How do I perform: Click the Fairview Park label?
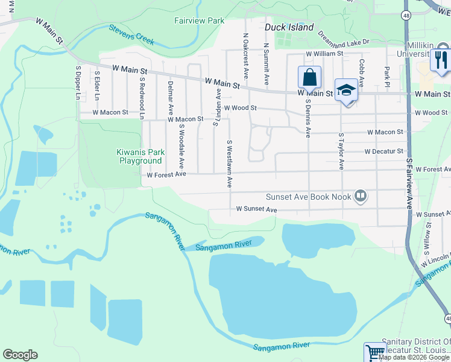coord(199,21)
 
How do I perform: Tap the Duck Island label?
coord(289,27)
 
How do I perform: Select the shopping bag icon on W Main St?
coord(309,78)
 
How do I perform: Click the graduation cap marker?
coord(346,90)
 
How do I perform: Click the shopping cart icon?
coord(374,352)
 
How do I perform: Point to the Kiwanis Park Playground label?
coord(140,156)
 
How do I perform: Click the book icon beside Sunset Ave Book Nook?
coord(360,195)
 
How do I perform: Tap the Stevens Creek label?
coord(131,35)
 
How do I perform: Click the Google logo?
coord(20,355)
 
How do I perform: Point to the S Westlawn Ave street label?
coord(229,164)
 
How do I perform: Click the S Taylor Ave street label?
coord(341,151)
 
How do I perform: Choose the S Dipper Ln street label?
coord(78,83)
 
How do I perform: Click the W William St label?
coord(324,54)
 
